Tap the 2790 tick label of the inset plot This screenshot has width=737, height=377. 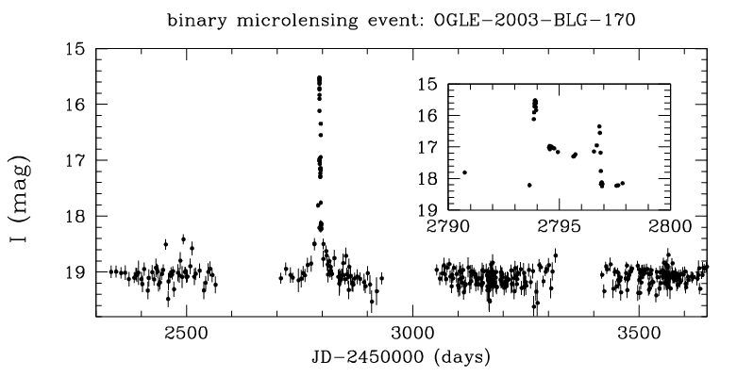pos(448,226)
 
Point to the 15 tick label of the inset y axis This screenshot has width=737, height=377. pos(427,85)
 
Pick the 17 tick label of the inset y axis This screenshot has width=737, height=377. pos(427,147)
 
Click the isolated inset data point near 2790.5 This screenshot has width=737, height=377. pos(464,172)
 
